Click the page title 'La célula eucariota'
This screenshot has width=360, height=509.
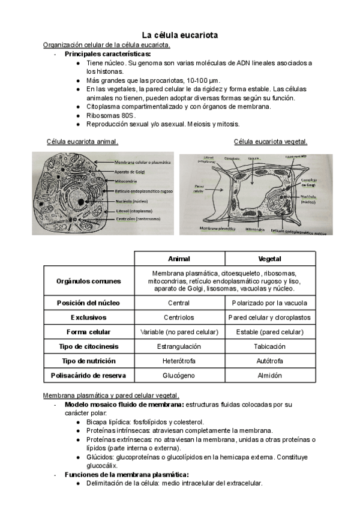click(179, 35)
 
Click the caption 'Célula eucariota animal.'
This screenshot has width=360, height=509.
click(82, 142)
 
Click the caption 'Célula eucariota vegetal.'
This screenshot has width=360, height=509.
click(270, 142)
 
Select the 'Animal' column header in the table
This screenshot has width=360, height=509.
click(179, 259)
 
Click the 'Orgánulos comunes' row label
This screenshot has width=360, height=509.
click(88, 281)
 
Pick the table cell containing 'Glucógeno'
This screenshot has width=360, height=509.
click(179, 376)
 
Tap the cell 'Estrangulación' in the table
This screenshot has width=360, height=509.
click(179, 346)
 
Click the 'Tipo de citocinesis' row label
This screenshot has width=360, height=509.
click(88, 346)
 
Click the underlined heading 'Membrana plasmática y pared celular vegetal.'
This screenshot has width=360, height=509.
click(111, 396)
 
